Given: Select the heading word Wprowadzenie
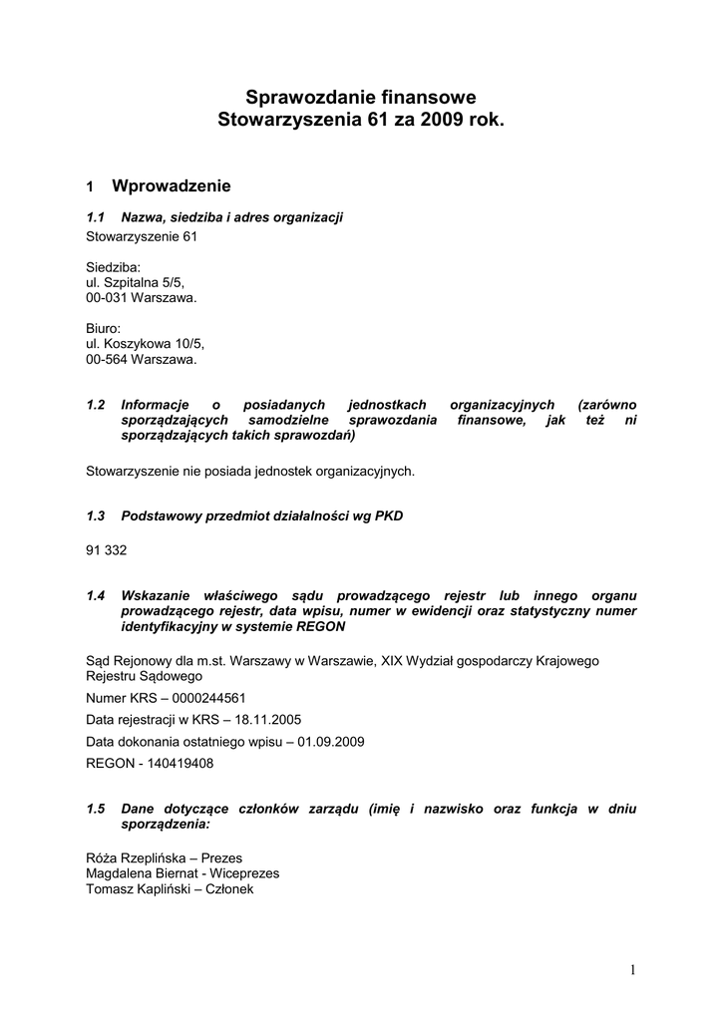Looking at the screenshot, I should point(172,185).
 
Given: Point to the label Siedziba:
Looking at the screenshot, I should point(114,267).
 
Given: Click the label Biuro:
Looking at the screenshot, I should point(104,328).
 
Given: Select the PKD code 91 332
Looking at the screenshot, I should point(107,550).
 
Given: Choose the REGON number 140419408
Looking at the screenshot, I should point(176,764).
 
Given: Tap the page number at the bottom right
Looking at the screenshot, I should point(632,969).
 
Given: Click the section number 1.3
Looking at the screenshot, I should point(96,515).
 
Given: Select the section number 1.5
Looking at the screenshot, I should point(96,809).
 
